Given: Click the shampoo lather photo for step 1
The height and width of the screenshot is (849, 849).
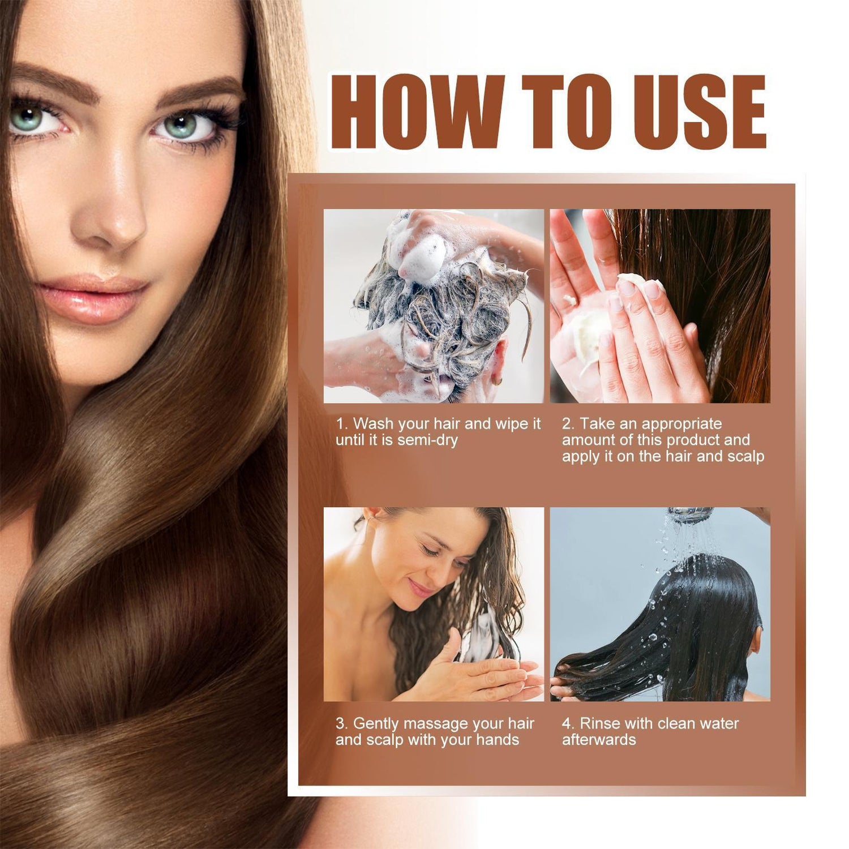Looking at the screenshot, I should pos(434,306).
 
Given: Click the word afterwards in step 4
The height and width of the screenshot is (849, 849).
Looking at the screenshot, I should pos(599,740).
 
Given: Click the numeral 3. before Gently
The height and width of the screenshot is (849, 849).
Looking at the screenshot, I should pos(341,723).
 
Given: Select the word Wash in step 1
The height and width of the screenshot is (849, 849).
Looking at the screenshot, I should pos(372,424).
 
